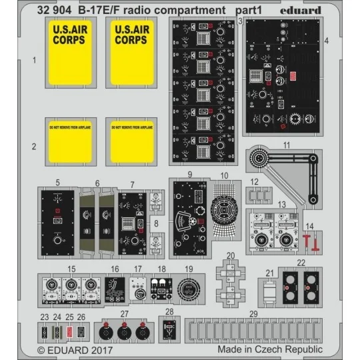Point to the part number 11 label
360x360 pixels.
pyautogui.click(x=286, y=145)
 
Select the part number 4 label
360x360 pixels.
pyautogui.click(x=327, y=41)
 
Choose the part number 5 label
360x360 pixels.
pyautogui.click(x=58, y=182)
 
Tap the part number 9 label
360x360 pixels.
pyautogui.click(x=190, y=174)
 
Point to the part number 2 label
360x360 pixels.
pyautogui.click(x=33, y=145)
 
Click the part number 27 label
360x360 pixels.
pyautogui.click(x=124, y=313)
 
